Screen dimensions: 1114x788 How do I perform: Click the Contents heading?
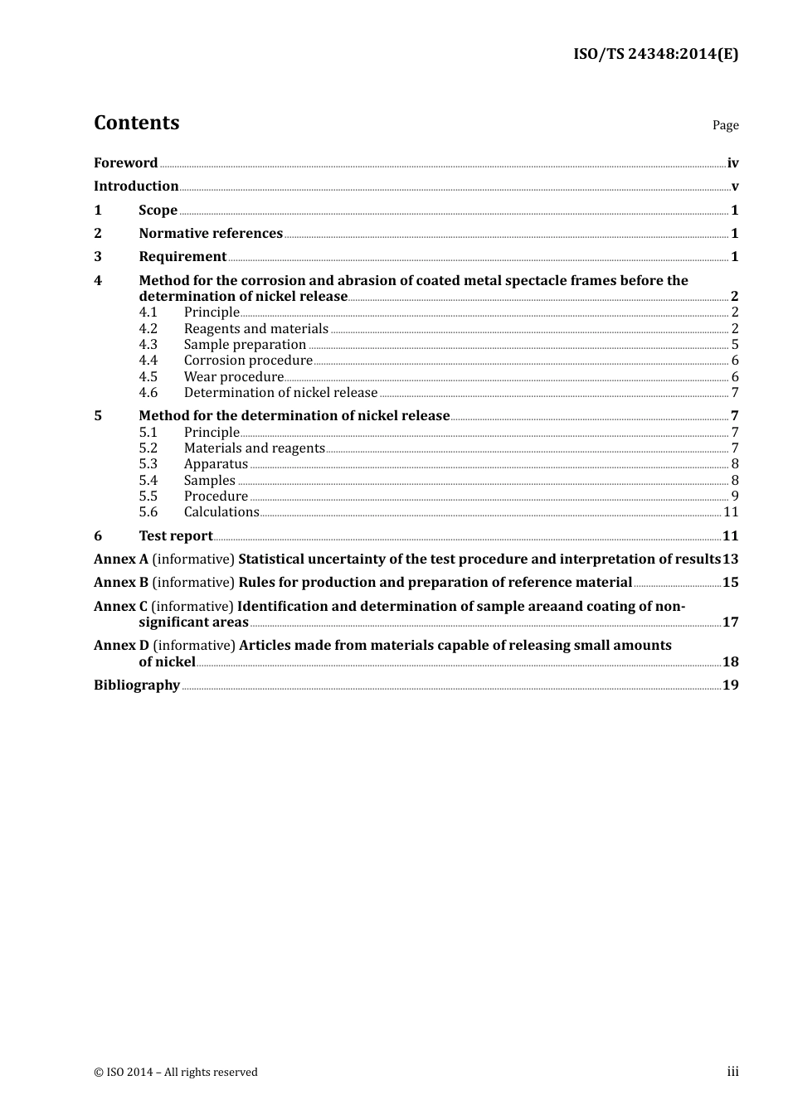(136, 123)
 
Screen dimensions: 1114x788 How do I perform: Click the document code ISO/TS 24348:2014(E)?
(655, 55)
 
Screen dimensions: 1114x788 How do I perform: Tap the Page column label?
(725, 125)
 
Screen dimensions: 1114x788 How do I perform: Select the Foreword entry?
(125, 163)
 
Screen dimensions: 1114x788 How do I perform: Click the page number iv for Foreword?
(732, 163)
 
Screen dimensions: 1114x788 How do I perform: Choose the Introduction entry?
(136, 186)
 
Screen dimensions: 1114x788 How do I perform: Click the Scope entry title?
(158, 211)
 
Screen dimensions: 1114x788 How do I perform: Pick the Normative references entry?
(211, 234)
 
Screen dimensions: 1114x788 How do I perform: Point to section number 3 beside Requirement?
(98, 257)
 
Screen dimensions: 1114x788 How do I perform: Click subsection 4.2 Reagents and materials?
(255, 329)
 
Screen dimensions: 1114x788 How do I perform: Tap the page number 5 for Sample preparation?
(735, 345)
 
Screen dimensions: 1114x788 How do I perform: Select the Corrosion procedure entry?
(248, 361)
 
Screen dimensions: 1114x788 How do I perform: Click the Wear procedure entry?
(234, 377)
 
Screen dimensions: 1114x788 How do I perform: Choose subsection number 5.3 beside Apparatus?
(148, 464)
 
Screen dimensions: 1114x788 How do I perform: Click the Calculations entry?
(221, 512)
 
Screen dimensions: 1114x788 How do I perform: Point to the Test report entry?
(176, 536)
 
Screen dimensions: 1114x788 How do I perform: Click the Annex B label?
(121, 583)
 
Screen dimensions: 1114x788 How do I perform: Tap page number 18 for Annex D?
(730, 661)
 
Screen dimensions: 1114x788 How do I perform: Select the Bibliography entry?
(137, 685)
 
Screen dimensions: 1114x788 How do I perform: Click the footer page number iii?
(732, 1072)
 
